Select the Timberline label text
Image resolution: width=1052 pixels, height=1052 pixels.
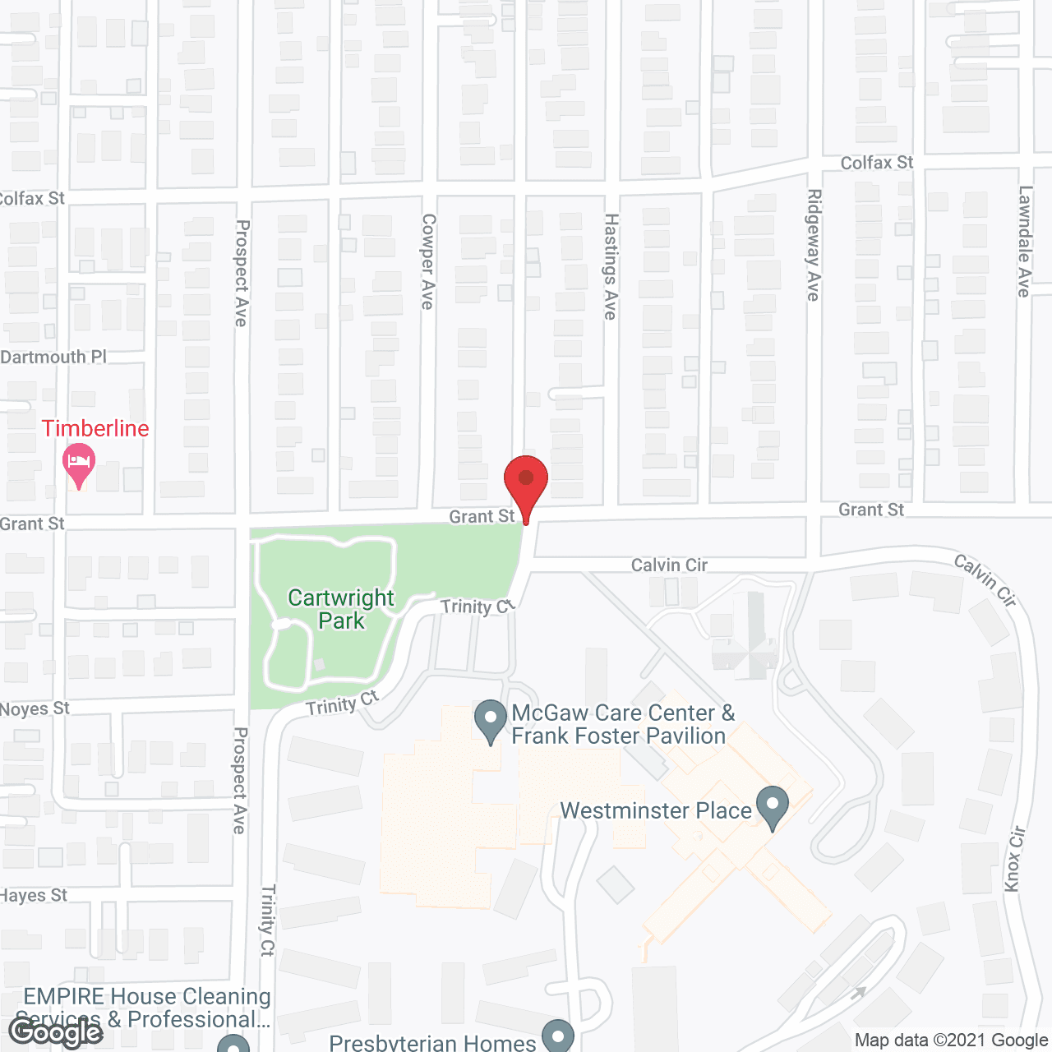(95, 428)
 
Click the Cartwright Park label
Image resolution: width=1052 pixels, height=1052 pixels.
(341, 609)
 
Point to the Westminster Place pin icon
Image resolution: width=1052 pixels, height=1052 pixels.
(772, 807)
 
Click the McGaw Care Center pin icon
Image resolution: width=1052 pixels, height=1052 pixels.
(491, 720)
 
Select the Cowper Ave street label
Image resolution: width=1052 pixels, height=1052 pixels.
(427, 261)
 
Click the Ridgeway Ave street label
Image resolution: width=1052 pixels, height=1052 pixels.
(814, 245)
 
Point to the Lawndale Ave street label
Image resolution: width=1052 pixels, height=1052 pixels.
(1024, 241)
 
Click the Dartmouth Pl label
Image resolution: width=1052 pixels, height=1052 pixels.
(54, 357)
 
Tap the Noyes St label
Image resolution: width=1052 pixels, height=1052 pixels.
(35, 708)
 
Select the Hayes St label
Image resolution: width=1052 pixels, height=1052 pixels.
(34, 895)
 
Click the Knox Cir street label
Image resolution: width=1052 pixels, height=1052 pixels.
(1015, 858)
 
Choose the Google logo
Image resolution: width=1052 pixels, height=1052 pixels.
(56, 1032)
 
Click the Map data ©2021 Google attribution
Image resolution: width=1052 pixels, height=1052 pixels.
(951, 1040)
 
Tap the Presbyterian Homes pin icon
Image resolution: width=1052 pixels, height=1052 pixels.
(558, 1034)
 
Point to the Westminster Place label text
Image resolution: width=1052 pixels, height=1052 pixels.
(656, 810)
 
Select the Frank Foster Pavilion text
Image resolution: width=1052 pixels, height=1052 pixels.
(618, 736)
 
